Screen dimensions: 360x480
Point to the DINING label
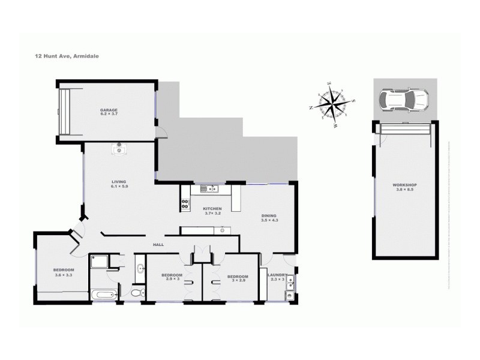pos(269,218)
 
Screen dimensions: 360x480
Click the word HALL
pos(158,245)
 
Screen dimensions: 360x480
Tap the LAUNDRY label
pos(277,277)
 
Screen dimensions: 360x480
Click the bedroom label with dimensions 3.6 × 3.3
pos(64,272)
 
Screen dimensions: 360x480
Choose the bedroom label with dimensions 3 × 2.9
pos(236,278)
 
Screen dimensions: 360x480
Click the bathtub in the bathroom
pos(104,295)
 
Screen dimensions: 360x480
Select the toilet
pos(137,293)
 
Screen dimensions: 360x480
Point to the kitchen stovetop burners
pos(185,204)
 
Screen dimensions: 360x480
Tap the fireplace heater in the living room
pos(119,149)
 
